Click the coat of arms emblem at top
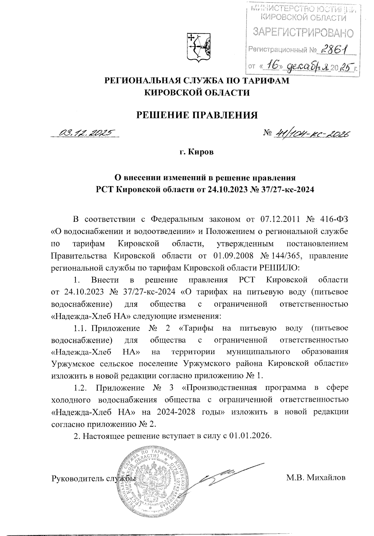(x=198, y=47)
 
